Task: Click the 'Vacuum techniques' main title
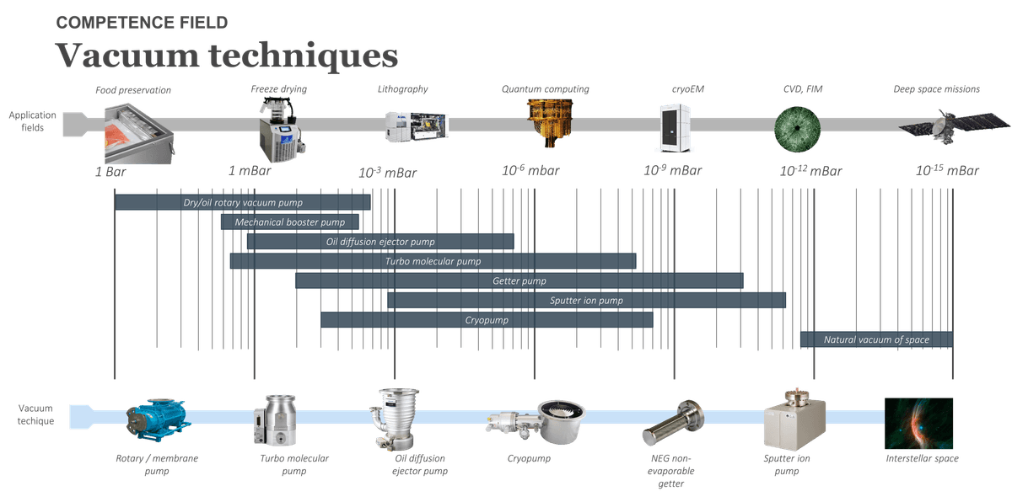[226, 56]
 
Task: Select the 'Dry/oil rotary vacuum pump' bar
[243, 202]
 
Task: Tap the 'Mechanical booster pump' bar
[289, 222]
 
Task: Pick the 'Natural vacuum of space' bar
[876, 339]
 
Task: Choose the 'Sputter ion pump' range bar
[586, 301]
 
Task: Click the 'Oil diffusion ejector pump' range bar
[380, 241]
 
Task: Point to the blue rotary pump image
[158, 419]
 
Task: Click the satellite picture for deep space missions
[953, 124]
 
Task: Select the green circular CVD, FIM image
[798, 129]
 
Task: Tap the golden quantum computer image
[549, 123]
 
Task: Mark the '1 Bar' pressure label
[110, 172]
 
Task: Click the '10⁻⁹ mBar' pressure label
[673, 170]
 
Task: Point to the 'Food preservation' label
[133, 90]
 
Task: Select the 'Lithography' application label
[402, 89]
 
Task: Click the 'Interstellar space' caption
[922, 458]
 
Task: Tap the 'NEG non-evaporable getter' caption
[671, 471]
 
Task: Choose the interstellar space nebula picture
[918, 423]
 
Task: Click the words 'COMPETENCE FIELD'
[142, 23]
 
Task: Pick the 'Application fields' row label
[33, 121]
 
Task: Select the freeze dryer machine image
[281, 130]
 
